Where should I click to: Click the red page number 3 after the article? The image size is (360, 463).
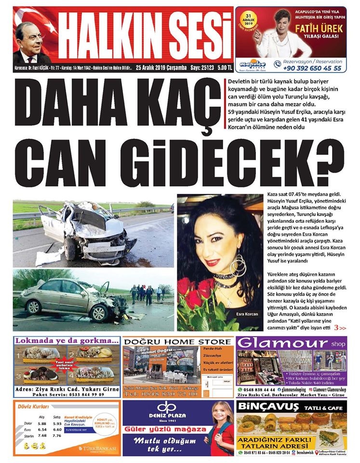coord(336,328)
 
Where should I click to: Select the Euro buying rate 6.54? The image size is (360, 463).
coord(42,429)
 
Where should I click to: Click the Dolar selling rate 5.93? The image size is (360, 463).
coord(57,423)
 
